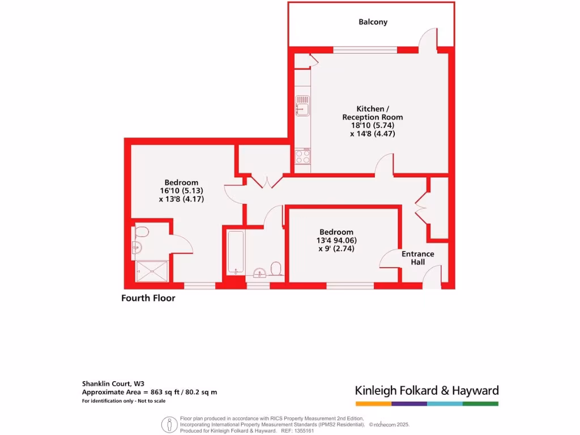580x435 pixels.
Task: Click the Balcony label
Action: (373, 22)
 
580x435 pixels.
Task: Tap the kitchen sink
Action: (302, 105)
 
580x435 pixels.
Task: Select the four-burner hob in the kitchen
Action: (302, 156)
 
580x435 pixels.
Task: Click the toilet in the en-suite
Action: (142, 231)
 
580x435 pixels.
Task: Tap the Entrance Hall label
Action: (417, 258)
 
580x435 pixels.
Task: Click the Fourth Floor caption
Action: (148, 298)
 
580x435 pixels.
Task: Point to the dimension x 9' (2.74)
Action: (336, 249)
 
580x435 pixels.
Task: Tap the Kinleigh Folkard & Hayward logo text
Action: (427, 390)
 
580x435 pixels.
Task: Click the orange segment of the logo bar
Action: (373, 404)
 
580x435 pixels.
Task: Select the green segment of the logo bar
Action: (480, 404)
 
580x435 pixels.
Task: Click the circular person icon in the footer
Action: (168, 424)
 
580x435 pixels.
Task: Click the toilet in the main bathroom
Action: (277, 267)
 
